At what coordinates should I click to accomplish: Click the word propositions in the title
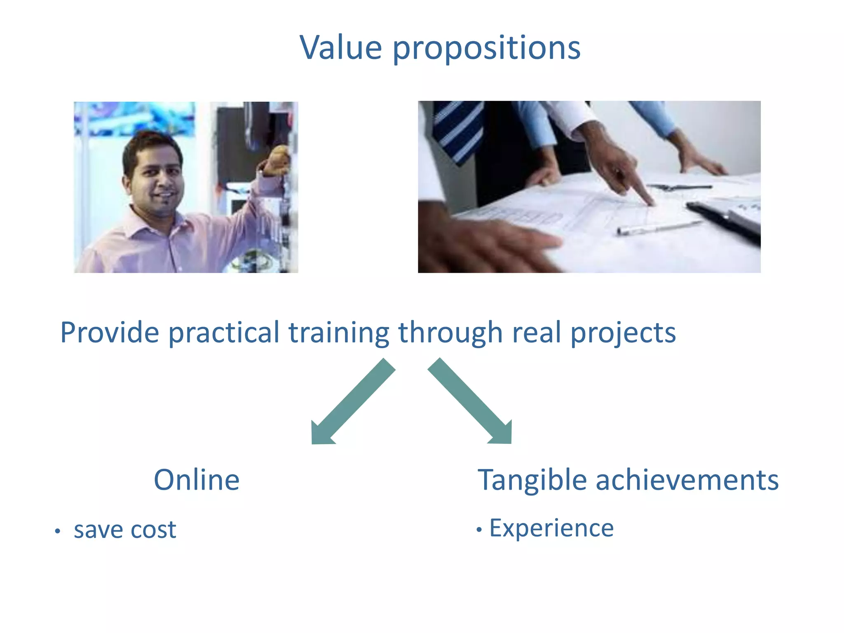click(x=486, y=49)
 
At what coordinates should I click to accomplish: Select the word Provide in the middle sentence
click(x=109, y=332)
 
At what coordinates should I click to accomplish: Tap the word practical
click(x=224, y=333)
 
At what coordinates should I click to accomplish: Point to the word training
click(x=338, y=333)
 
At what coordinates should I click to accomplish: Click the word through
click(x=450, y=333)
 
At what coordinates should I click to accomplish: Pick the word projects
click(x=623, y=333)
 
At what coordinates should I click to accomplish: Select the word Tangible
click(x=532, y=481)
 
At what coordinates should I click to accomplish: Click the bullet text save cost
click(x=125, y=530)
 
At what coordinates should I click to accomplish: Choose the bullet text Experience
click(x=551, y=528)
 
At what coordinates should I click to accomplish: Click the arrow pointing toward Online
click(x=350, y=404)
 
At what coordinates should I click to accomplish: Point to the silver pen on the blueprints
click(x=659, y=227)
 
